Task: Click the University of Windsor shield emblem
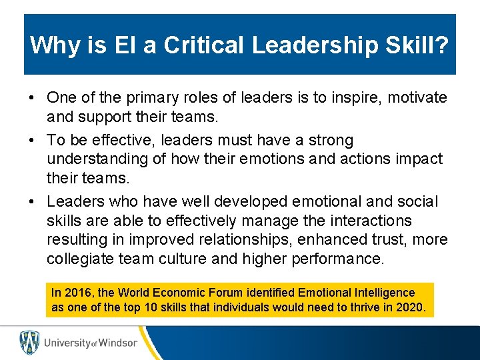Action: (x=29, y=342)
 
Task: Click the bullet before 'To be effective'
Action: (x=32, y=140)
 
